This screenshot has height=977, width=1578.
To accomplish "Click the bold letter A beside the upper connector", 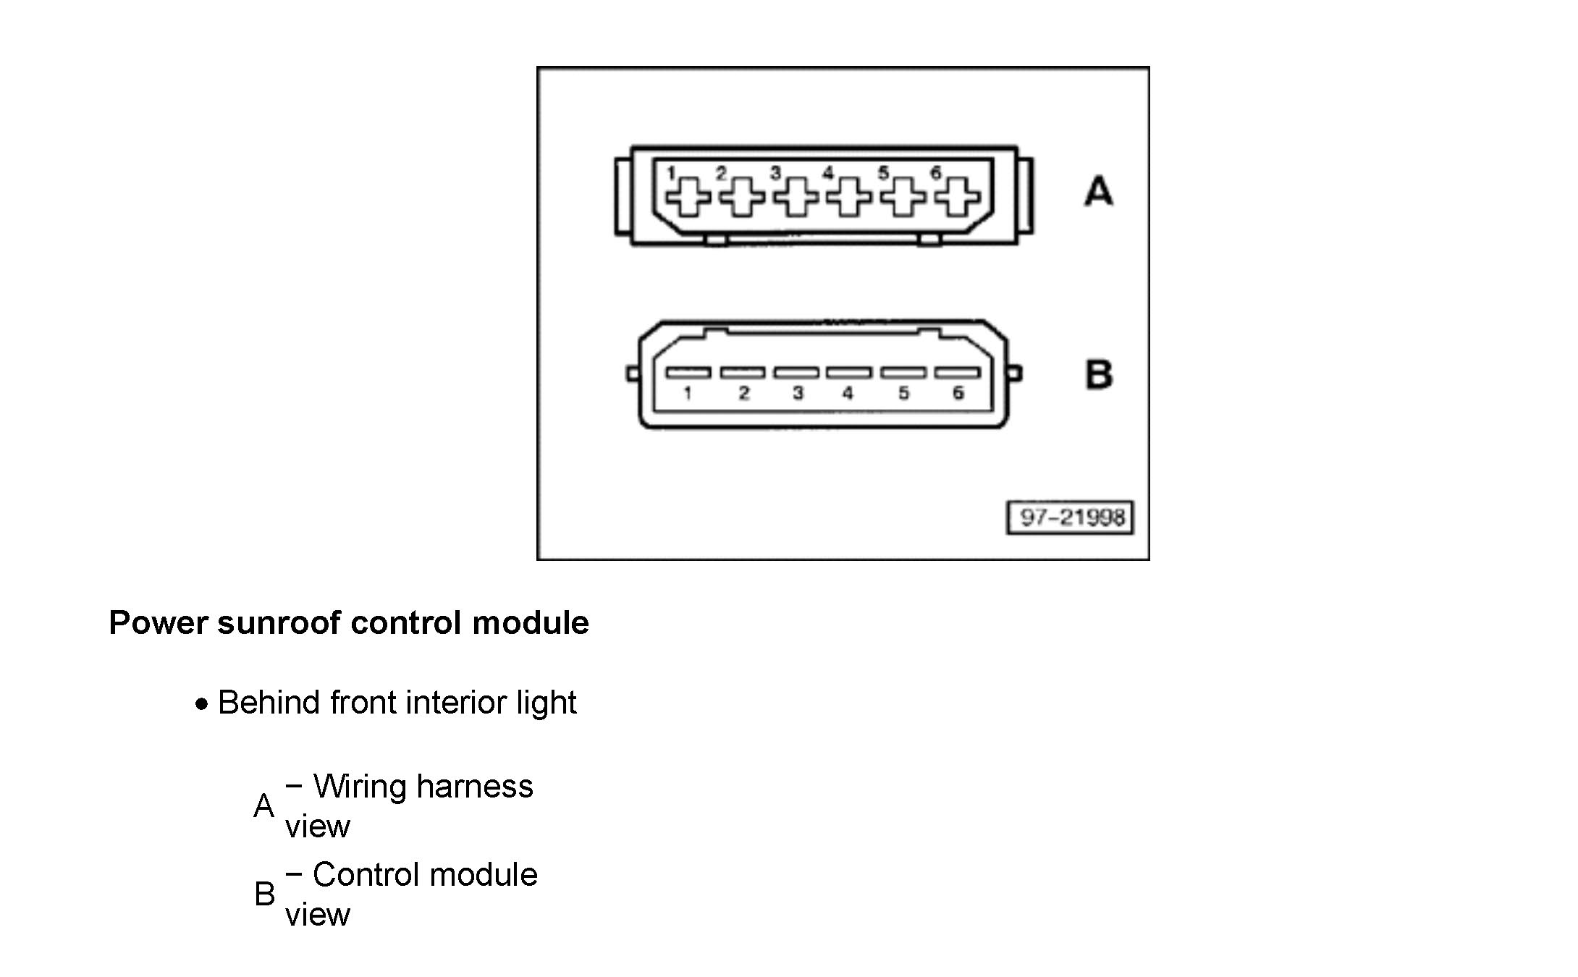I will [1098, 192].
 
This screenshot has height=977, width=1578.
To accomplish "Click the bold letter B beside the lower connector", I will [1099, 375].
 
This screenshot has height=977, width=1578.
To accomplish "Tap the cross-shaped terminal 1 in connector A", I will [688, 196].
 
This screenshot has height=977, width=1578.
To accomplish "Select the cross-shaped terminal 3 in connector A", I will [796, 196].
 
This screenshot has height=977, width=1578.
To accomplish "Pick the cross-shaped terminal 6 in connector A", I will [957, 196].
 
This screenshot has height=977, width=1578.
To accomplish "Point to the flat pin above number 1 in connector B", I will [688, 373].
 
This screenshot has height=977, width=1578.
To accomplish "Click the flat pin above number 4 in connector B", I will [849, 373].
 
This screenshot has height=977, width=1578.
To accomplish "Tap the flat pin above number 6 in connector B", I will [957, 373].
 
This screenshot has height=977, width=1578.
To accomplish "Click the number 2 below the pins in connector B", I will [743, 393].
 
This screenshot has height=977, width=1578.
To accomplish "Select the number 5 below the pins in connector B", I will [903, 393].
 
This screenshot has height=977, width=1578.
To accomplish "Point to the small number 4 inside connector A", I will [828, 173].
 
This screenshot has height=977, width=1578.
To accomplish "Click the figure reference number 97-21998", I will [1071, 517].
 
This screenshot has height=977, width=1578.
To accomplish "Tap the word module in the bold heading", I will [531, 623].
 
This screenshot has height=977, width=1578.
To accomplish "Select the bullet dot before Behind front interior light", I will [203, 703].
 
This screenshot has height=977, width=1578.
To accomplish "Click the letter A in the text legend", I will [264, 806].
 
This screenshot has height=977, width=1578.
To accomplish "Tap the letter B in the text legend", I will [265, 894].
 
